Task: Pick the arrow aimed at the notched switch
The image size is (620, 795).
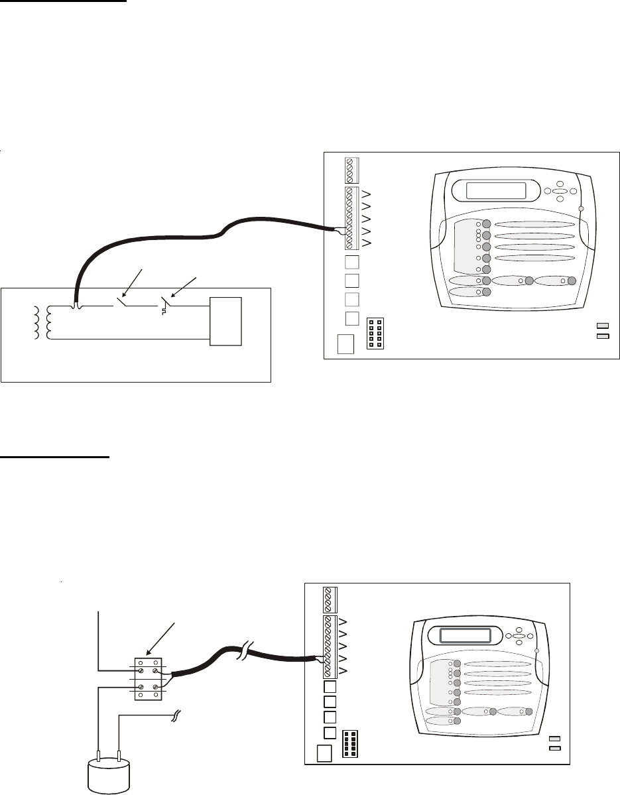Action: tap(183, 285)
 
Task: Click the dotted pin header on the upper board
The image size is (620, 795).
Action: tap(375, 334)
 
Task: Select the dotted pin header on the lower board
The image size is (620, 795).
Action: tap(351, 745)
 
